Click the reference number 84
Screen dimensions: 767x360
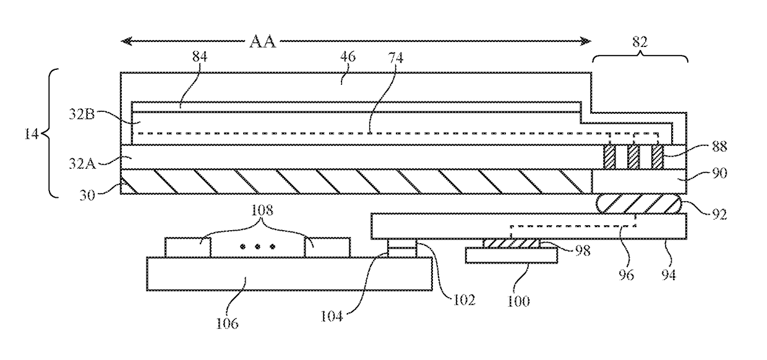click(x=200, y=56)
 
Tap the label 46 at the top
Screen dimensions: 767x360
click(x=348, y=56)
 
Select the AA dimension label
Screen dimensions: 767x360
click(x=263, y=41)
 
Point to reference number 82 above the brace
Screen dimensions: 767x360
click(x=640, y=42)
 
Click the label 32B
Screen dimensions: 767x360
click(x=82, y=114)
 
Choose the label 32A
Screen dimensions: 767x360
click(x=82, y=164)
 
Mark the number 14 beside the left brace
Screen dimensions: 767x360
click(x=31, y=134)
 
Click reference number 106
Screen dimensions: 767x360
click(x=227, y=323)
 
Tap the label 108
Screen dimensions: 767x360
click(x=262, y=210)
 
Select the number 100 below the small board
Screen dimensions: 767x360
click(x=518, y=301)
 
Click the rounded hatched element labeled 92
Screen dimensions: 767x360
click(x=638, y=204)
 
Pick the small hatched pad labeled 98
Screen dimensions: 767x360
click(x=511, y=244)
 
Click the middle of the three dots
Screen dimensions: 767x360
click(x=257, y=246)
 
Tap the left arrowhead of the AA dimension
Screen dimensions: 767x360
click(x=126, y=41)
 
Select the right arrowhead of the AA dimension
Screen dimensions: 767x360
click(x=586, y=41)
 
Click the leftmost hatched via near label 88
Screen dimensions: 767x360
click(x=609, y=157)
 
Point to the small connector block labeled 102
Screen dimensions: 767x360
click(x=402, y=248)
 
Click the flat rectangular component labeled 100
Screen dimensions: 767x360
click(x=511, y=256)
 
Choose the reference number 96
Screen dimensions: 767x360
click(x=626, y=275)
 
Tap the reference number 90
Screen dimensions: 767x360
click(x=719, y=173)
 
